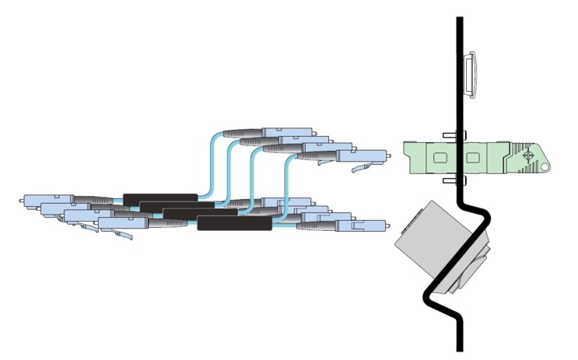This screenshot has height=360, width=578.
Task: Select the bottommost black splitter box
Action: [234, 224]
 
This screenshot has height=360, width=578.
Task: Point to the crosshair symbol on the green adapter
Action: [529, 156]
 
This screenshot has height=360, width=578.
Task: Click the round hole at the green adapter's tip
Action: [545, 166]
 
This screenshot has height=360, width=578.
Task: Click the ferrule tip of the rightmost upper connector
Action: [388, 154]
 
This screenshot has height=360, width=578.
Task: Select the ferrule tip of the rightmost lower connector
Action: [388, 225]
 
